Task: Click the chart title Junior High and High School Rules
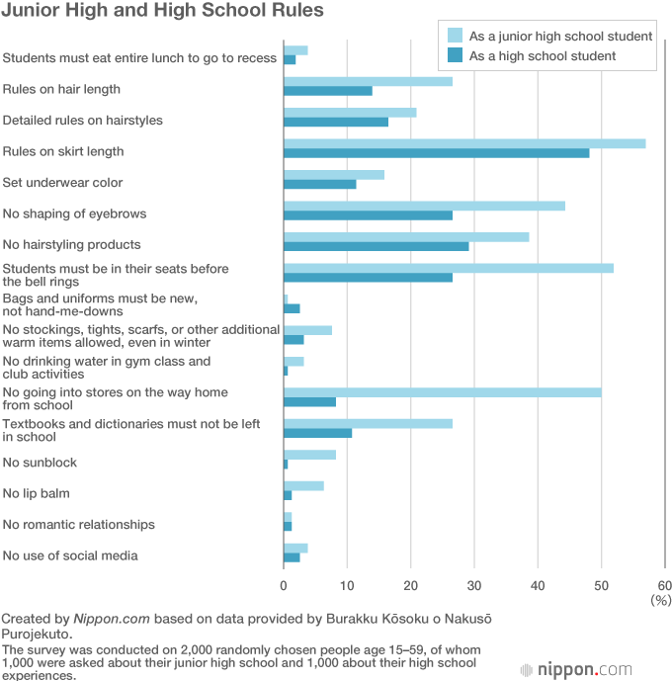pos(162,12)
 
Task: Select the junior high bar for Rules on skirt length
pos(464,143)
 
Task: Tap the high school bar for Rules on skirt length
pos(436,153)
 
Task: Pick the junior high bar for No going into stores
pos(442,391)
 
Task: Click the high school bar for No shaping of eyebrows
pos(368,215)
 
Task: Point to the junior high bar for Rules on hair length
pos(368,81)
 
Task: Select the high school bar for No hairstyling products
pos(376,246)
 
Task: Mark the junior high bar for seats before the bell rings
pos(448,268)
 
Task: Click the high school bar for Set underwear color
pos(319,184)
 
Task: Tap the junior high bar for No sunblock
pos(309,455)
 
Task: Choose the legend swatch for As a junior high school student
pos(456,36)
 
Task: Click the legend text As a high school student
pos(543,56)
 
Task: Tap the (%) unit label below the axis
pos(660,600)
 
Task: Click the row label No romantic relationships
pos(79,524)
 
